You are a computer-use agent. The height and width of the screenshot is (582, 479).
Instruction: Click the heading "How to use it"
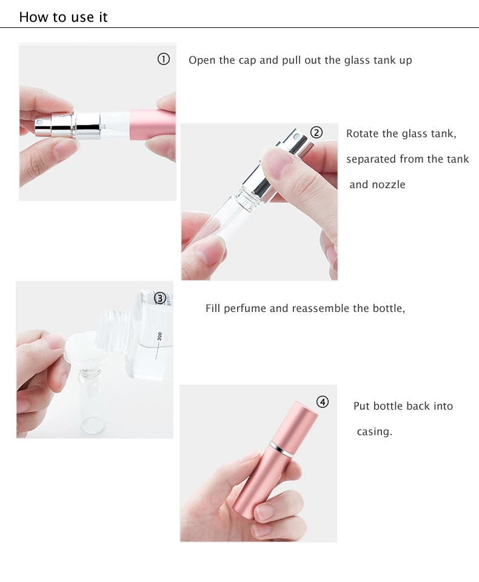[63, 17]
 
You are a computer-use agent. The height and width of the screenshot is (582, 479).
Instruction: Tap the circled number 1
[164, 59]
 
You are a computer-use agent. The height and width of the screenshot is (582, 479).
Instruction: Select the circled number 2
[317, 132]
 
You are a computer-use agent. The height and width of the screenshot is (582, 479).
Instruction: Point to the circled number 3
[160, 298]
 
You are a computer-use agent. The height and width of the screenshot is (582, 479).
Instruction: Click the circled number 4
[323, 402]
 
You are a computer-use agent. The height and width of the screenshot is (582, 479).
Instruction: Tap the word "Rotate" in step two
[361, 134]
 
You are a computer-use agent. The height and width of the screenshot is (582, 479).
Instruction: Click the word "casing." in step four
[374, 431]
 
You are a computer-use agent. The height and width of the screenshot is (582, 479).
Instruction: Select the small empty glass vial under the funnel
[91, 402]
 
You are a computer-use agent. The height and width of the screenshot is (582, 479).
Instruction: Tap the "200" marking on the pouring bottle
[159, 336]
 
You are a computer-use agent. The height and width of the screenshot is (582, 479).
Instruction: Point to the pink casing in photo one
[153, 125]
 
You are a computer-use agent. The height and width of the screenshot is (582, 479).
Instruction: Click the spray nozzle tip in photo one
[40, 123]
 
